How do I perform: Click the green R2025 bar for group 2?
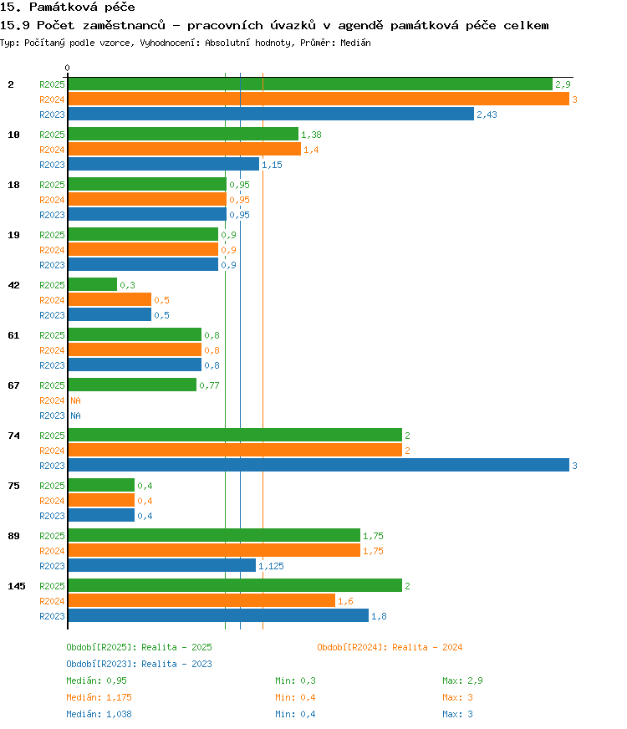(x=310, y=84)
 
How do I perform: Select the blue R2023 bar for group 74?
(x=319, y=466)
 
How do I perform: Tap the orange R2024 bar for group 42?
(x=110, y=300)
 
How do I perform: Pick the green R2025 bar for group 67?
(x=132, y=385)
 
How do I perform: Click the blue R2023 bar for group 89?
(x=161, y=566)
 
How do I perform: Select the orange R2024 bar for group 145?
(x=201, y=601)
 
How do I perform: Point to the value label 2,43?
(x=487, y=115)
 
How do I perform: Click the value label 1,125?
(x=271, y=566)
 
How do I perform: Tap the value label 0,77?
(x=209, y=385)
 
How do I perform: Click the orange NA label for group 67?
(x=75, y=400)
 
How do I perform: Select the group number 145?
(x=16, y=586)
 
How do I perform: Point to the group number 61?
(x=13, y=335)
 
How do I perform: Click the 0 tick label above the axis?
(x=68, y=68)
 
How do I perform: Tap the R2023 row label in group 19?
(x=52, y=265)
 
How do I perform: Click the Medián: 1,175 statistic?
(x=99, y=697)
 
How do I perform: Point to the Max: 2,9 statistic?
(x=462, y=681)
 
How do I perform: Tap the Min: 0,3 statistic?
(x=295, y=681)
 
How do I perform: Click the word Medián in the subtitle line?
(x=355, y=43)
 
